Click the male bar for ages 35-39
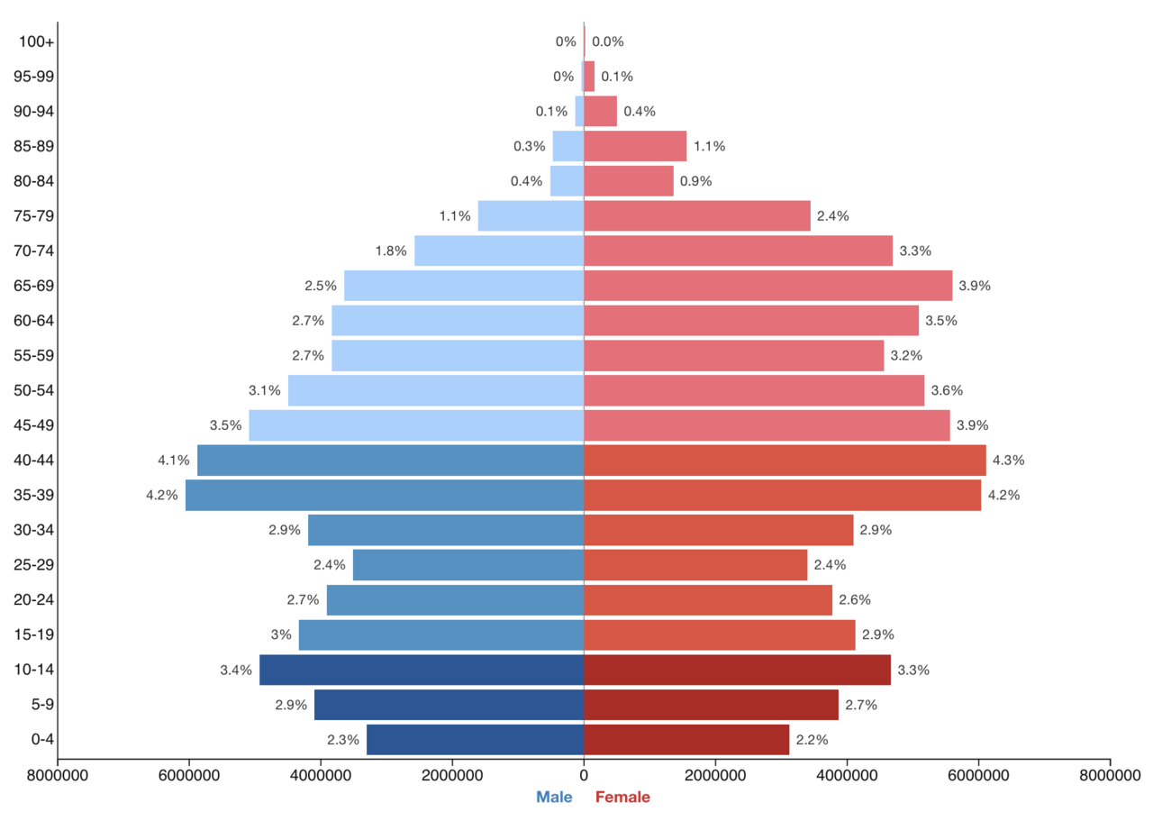(385, 495)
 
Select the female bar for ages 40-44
(785, 460)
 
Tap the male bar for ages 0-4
(475, 739)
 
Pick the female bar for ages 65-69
(767, 286)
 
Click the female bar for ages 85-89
(635, 146)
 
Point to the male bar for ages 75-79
(531, 215)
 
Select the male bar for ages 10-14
(422, 670)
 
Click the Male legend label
(554, 797)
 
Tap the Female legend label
(622, 797)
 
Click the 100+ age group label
(36, 41)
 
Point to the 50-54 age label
(34, 390)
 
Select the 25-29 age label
(34, 565)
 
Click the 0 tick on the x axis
(584, 774)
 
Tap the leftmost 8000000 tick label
(58, 774)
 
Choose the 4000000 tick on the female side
(847, 774)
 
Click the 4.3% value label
(1008, 460)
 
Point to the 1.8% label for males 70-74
(392, 251)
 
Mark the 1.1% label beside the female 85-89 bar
(709, 146)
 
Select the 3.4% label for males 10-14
(236, 670)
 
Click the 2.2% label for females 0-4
(812, 739)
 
